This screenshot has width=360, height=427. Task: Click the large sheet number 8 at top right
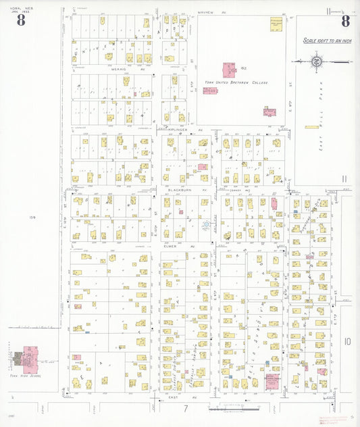[345, 20]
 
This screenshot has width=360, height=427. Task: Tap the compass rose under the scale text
[316, 62]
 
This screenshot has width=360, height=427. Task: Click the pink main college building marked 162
[228, 70]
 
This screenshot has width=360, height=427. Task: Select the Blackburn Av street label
[179, 191]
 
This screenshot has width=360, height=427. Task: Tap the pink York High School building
[31, 356]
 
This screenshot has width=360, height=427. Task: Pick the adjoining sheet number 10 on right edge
[346, 342]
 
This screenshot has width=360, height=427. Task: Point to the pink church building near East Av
[272, 381]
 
